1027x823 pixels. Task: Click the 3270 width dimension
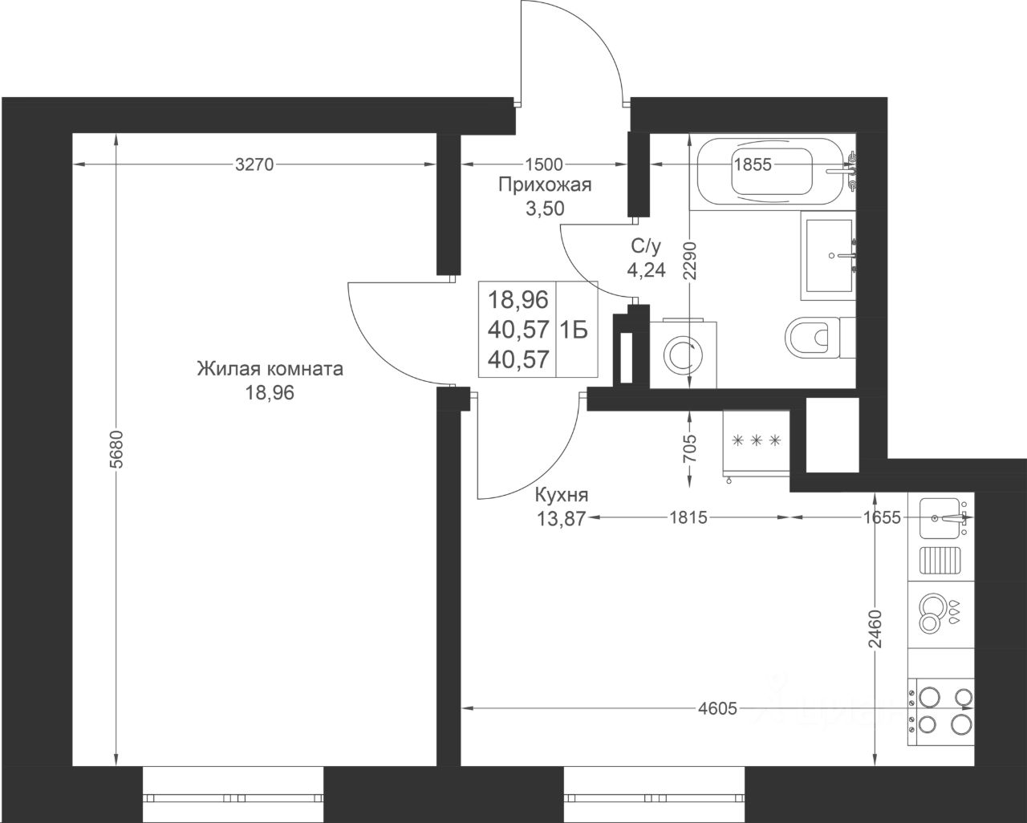254,164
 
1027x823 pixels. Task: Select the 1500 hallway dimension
544,164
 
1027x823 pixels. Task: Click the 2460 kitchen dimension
875,628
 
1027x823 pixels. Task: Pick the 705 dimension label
689,448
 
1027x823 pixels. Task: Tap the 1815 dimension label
688,517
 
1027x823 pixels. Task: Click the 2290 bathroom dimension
690,260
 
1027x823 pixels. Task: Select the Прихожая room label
545,185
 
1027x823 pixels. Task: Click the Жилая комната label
270,369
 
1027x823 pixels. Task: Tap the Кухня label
562,495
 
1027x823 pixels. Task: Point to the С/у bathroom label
646,246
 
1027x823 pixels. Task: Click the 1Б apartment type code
574,330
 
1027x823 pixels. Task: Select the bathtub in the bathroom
772,172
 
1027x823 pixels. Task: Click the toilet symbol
820,337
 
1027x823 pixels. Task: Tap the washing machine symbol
683,353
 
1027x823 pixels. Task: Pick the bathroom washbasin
829,256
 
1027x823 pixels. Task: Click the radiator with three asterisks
757,443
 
